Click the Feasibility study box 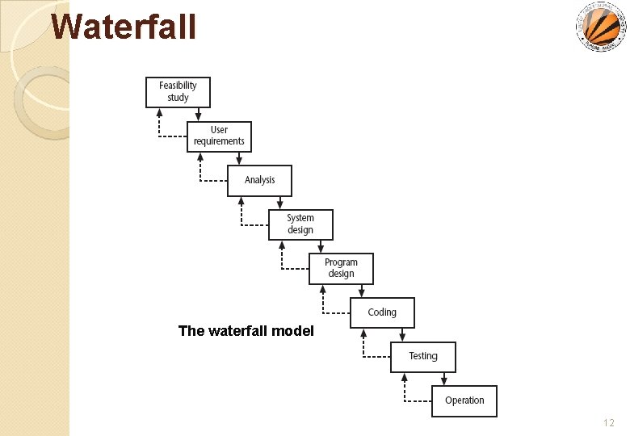178,92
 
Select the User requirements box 219,136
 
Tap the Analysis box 259,180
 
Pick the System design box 300,224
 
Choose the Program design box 341,268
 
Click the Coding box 382,312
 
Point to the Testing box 423,356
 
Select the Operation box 464,400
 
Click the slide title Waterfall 124,26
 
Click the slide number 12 608,423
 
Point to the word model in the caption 293,330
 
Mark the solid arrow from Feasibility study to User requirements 198,115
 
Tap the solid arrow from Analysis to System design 279,203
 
